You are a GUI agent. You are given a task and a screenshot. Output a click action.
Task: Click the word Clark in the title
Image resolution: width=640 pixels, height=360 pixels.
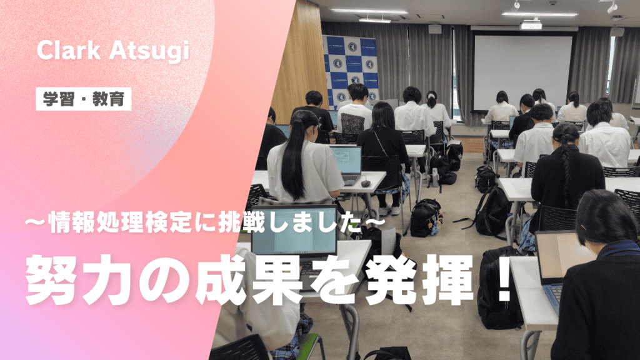point(69,50)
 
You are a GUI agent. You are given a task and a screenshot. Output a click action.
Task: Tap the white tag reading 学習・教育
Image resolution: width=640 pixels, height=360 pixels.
point(84,99)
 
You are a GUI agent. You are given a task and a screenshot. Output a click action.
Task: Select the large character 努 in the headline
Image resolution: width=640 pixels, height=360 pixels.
point(51,279)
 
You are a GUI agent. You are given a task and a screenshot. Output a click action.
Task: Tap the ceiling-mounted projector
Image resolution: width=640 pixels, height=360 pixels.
point(531,24)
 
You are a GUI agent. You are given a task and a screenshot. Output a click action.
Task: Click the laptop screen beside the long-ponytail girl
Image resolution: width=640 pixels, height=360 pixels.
point(346,161)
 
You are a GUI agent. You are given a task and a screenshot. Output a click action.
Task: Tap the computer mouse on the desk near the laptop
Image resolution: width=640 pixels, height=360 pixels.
point(365,183)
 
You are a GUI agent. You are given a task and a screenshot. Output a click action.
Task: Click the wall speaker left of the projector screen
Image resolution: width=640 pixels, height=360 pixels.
point(435,29)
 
